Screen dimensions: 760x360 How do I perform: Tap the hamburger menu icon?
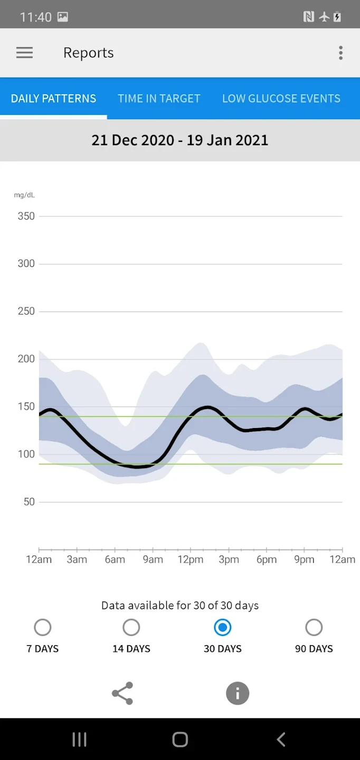pyautogui.click(x=24, y=53)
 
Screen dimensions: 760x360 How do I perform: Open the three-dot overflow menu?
pyautogui.click(x=340, y=53)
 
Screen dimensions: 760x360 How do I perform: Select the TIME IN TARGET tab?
pyautogui.click(x=159, y=99)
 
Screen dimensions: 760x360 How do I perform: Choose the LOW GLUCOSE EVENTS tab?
pyautogui.click(x=281, y=99)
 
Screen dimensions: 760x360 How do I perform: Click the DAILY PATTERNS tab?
pyautogui.click(x=53, y=99)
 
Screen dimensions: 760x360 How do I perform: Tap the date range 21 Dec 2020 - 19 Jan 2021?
pyautogui.click(x=180, y=140)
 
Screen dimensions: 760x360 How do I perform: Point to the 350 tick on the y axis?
pyautogui.click(x=26, y=216)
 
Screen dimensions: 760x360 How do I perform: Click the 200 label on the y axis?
pyautogui.click(x=26, y=359)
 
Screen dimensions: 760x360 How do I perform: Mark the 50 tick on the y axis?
pyautogui.click(x=29, y=502)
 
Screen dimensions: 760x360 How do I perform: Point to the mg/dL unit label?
pyautogui.click(x=24, y=195)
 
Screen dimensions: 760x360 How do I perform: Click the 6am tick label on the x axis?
pyautogui.click(x=115, y=560)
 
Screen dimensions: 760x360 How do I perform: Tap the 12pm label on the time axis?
pyautogui.click(x=191, y=560)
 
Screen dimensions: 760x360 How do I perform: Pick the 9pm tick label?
pyautogui.click(x=305, y=560)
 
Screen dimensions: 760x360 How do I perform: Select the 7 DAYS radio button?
pyautogui.click(x=43, y=628)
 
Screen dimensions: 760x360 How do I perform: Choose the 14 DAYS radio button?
pyautogui.click(x=131, y=628)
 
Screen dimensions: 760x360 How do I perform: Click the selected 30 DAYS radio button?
pyautogui.click(x=223, y=628)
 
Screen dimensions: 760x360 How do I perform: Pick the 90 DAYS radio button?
pyautogui.click(x=314, y=628)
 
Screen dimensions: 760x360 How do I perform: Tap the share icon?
pyautogui.click(x=122, y=693)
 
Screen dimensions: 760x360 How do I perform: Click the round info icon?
pyautogui.click(x=238, y=693)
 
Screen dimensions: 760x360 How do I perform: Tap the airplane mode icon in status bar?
pyautogui.click(x=324, y=17)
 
